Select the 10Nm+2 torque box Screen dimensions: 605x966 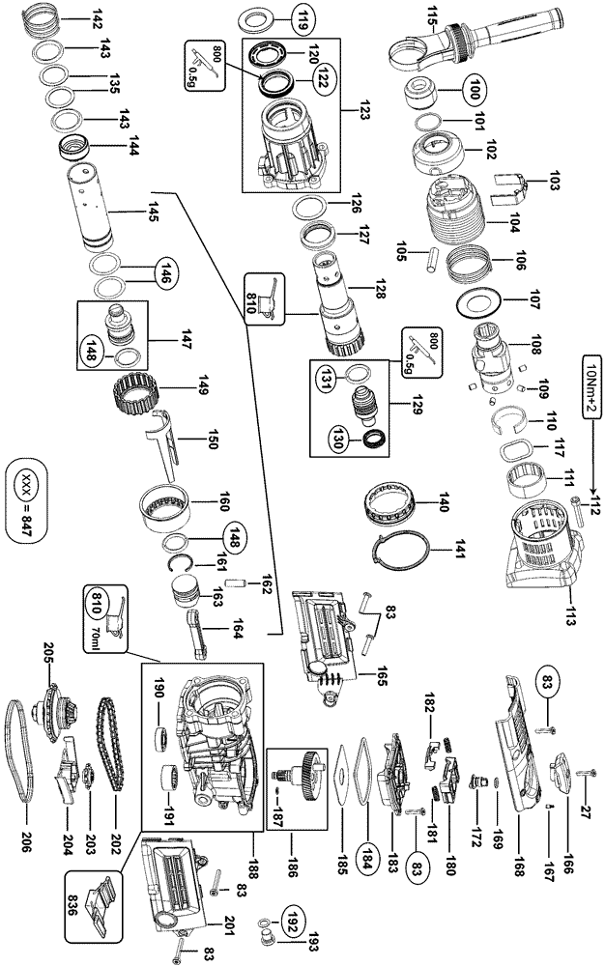click(591, 385)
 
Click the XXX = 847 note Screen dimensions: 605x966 click(26, 500)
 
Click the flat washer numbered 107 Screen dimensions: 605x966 click(478, 303)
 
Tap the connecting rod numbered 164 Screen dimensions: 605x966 click(201, 633)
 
